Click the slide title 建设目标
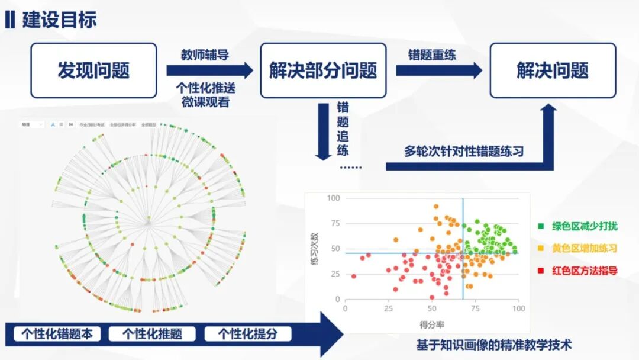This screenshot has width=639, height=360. (x=59, y=20)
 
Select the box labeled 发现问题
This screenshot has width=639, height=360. (x=93, y=70)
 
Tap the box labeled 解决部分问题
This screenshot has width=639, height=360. (x=323, y=70)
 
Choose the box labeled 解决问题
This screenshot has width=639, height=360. (x=553, y=70)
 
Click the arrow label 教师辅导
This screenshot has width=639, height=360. (x=205, y=55)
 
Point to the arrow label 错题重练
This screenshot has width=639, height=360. (x=432, y=55)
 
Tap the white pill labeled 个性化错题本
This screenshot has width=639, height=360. (x=57, y=333)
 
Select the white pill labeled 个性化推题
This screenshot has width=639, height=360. (x=152, y=333)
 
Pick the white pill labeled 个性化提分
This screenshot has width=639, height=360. (x=248, y=333)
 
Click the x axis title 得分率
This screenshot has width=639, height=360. (x=432, y=324)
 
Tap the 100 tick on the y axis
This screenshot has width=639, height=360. (x=334, y=198)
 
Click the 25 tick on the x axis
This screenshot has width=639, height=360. (x=389, y=308)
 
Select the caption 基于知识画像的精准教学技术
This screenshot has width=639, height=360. (x=494, y=345)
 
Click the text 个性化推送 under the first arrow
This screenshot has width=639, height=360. (x=205, y=88)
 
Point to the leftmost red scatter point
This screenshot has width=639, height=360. (x=354, y=276)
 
